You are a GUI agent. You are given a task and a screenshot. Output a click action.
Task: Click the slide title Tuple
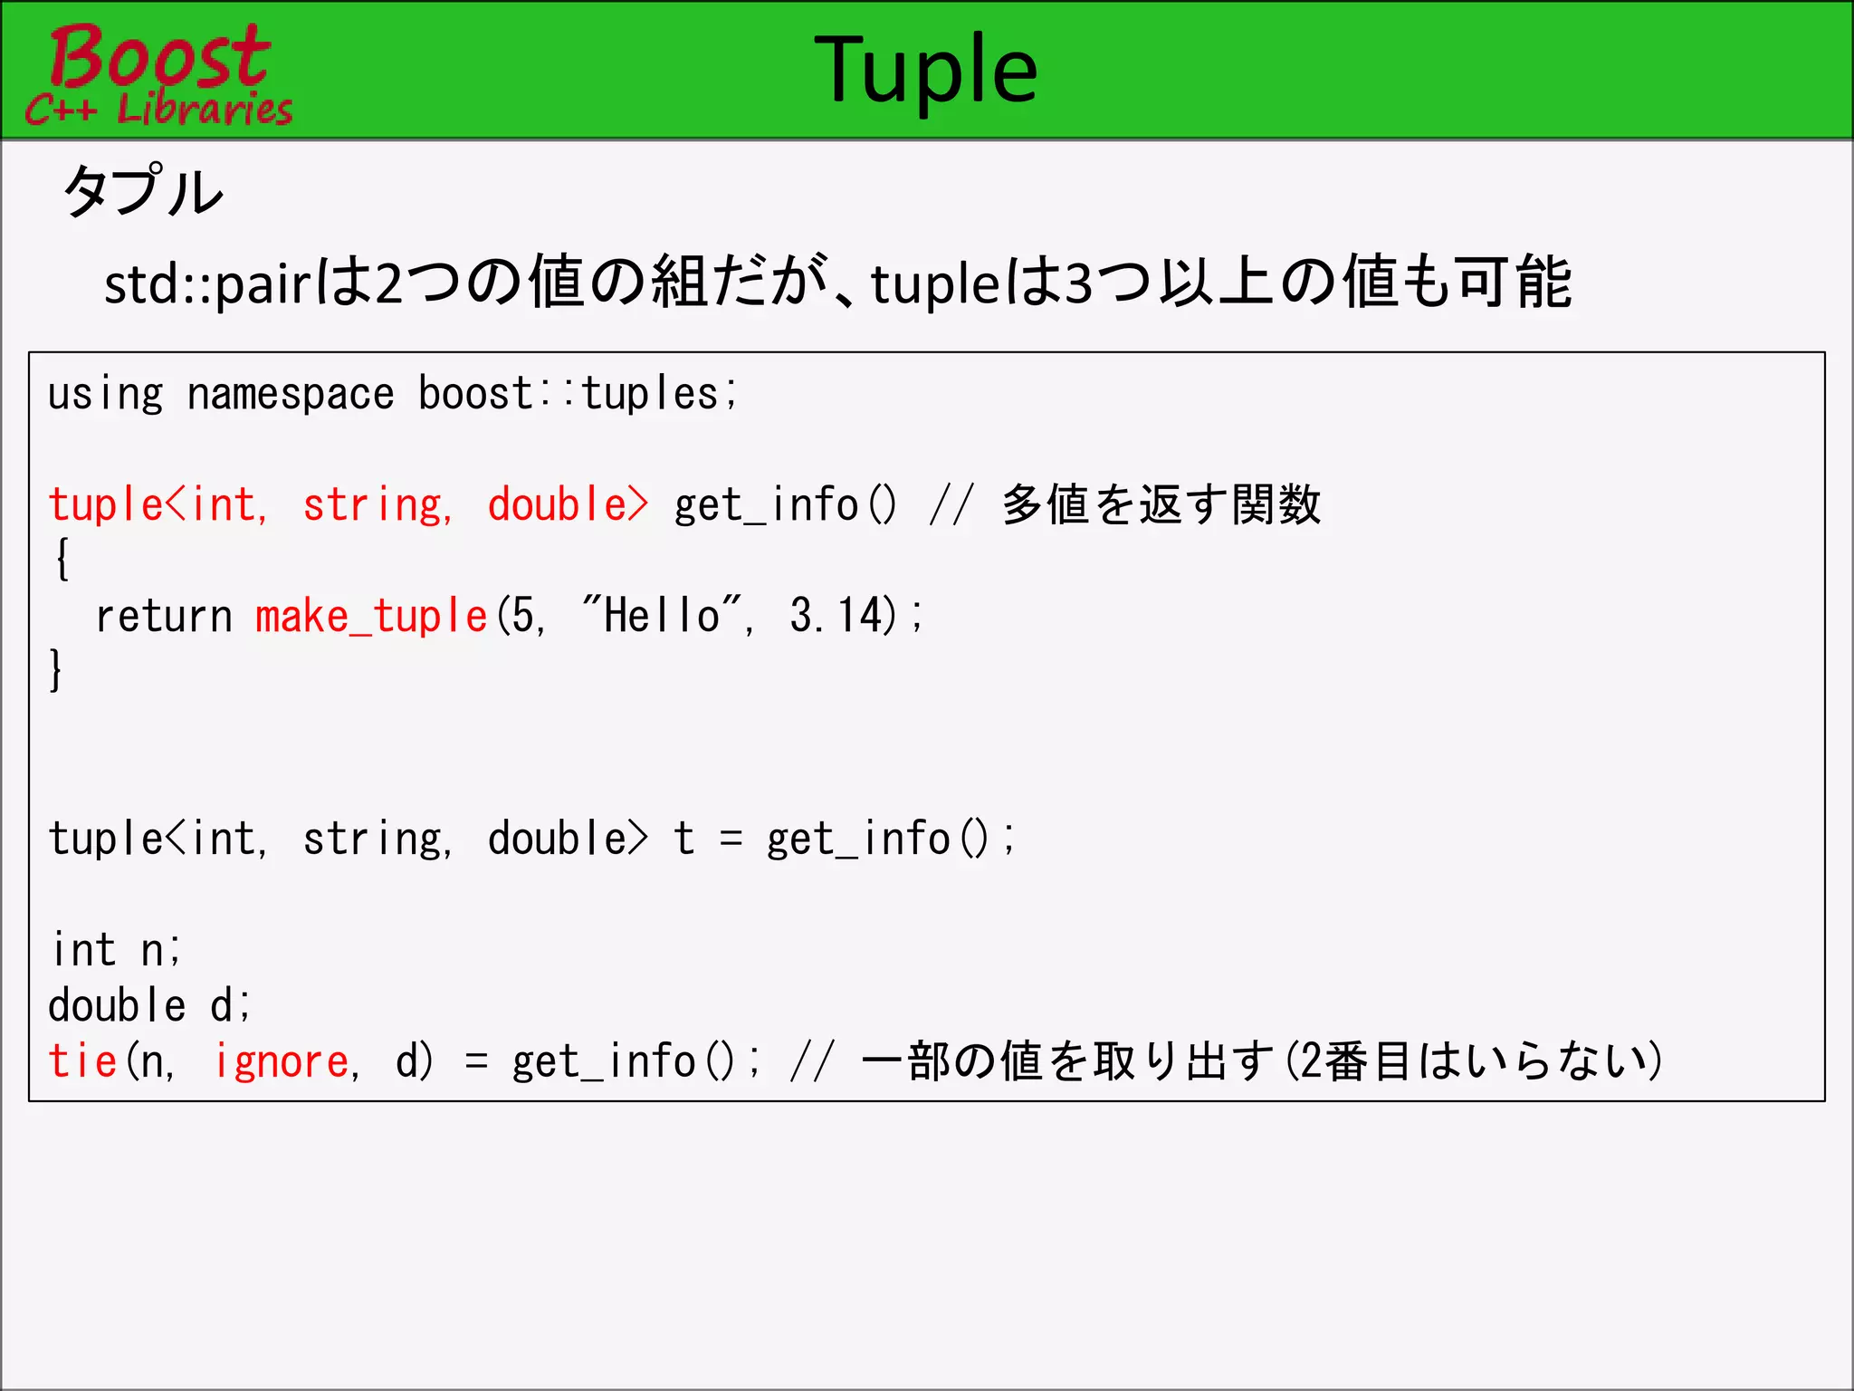tap(925, 71)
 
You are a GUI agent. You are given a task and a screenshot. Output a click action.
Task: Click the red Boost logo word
tap(159, 56)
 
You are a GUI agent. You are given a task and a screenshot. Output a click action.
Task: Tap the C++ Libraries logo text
tap(159, 110)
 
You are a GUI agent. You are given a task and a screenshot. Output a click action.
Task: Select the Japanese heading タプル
tap(143, 192)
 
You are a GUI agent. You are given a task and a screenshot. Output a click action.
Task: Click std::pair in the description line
tap(208, 284)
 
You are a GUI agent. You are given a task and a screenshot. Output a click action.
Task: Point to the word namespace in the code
tap(290, 395)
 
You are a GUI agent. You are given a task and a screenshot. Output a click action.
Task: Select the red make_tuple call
tap(371, 617)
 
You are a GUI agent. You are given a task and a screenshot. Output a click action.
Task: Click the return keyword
tap(164, 617)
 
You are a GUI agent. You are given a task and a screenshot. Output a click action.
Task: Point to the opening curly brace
tap(62, 559)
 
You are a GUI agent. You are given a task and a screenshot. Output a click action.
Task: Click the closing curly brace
tap(56, 670)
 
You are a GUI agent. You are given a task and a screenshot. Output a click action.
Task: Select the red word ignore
tap(282, 1061)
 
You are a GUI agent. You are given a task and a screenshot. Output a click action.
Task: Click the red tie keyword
tap(82, 1061)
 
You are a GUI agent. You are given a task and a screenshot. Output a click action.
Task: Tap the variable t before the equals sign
tap(683, 839)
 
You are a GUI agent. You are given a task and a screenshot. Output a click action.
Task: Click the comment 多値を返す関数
tap(1161, 505)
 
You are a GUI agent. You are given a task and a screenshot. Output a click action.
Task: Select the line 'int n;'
tap(116, 950)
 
